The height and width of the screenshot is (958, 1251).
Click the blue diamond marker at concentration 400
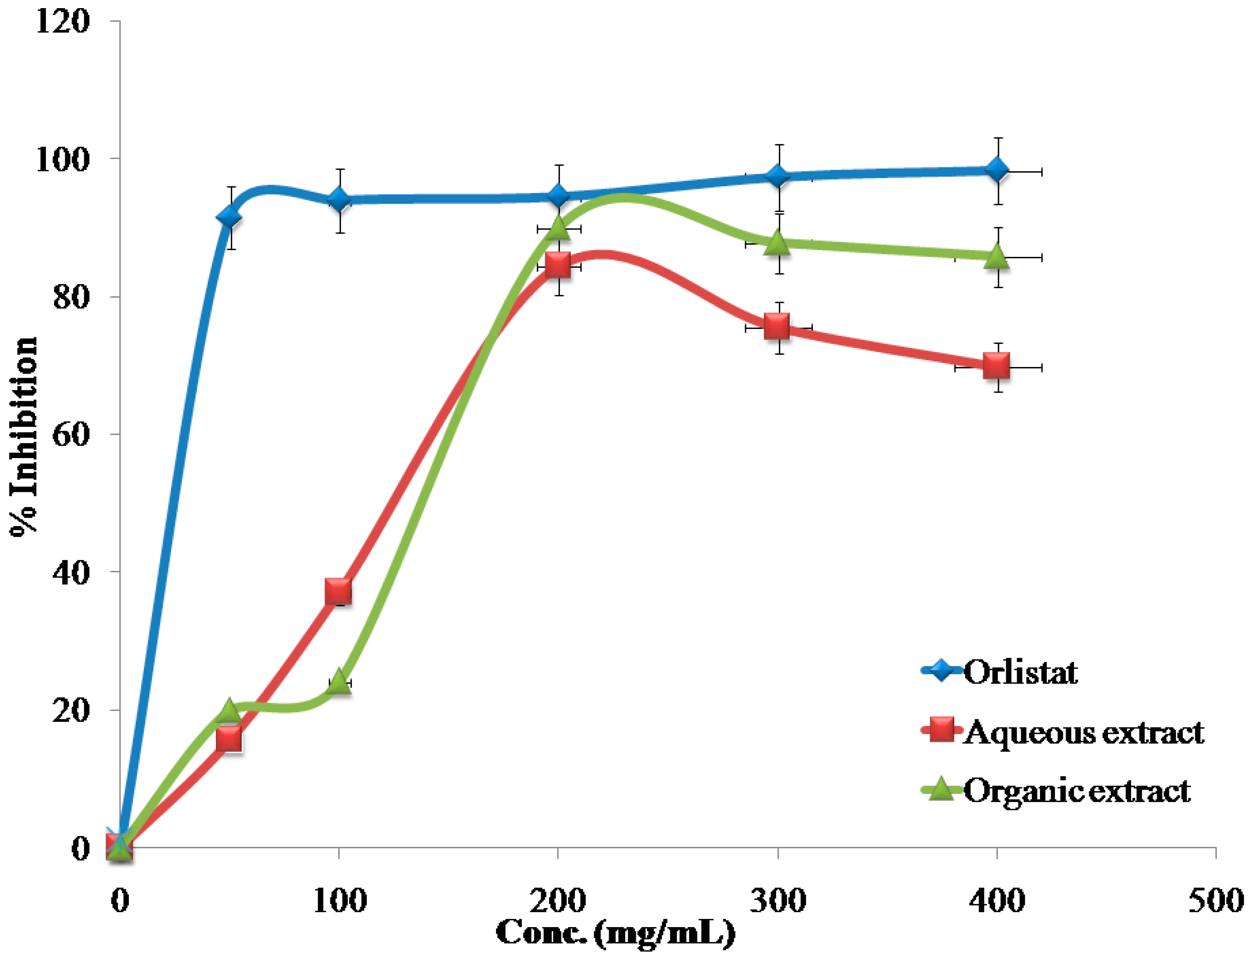click(x=997, y=170)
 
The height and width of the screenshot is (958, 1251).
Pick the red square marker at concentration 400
click(x=997, y=367)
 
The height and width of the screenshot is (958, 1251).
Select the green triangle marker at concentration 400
click(x=997, y=256)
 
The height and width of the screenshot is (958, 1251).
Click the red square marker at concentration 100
click(x=338, y=592)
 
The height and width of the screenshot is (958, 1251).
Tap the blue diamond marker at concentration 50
click(x=229, y=218)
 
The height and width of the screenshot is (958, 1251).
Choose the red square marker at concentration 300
click(x=777, y=327)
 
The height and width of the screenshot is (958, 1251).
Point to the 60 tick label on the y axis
click(x=71, y=434)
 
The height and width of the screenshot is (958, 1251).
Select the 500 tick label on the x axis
click(x=1216, y=902)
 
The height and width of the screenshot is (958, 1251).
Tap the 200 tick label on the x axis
click(x=558, y=902)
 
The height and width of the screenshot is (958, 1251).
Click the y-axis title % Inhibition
click(x=24, y=436)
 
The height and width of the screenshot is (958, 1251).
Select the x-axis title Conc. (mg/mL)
click(x=615, y=934)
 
